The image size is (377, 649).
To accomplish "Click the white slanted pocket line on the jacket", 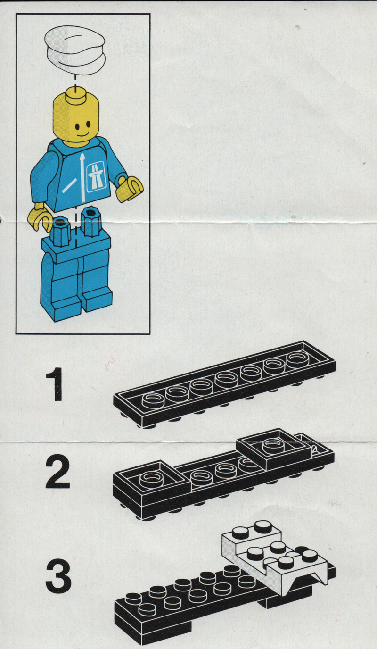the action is (x=69, y=185).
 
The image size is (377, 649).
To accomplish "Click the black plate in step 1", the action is (x=224, y=384).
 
